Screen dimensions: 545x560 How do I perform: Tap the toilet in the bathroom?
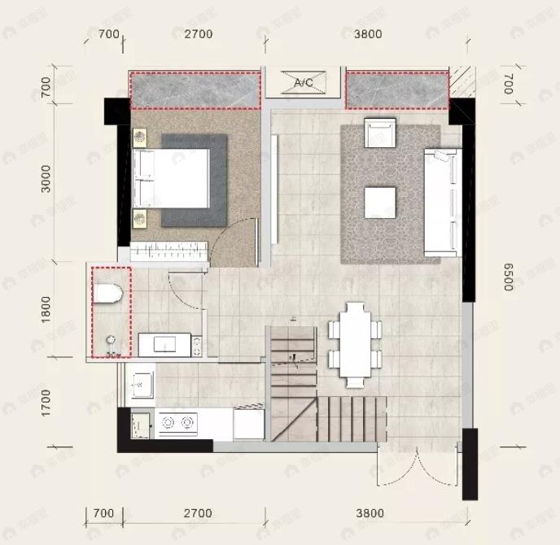click(x=109, y=292)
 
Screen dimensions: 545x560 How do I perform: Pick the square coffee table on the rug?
click(x=379, y=202)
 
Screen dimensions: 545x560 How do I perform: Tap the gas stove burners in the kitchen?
click(x=178, y=422)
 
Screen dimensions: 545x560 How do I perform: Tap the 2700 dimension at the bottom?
click(x=198, y=513)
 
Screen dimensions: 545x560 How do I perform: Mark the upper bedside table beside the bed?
click(x=140, y=137)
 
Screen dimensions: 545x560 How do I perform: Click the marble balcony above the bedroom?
click(x=195, y=90)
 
